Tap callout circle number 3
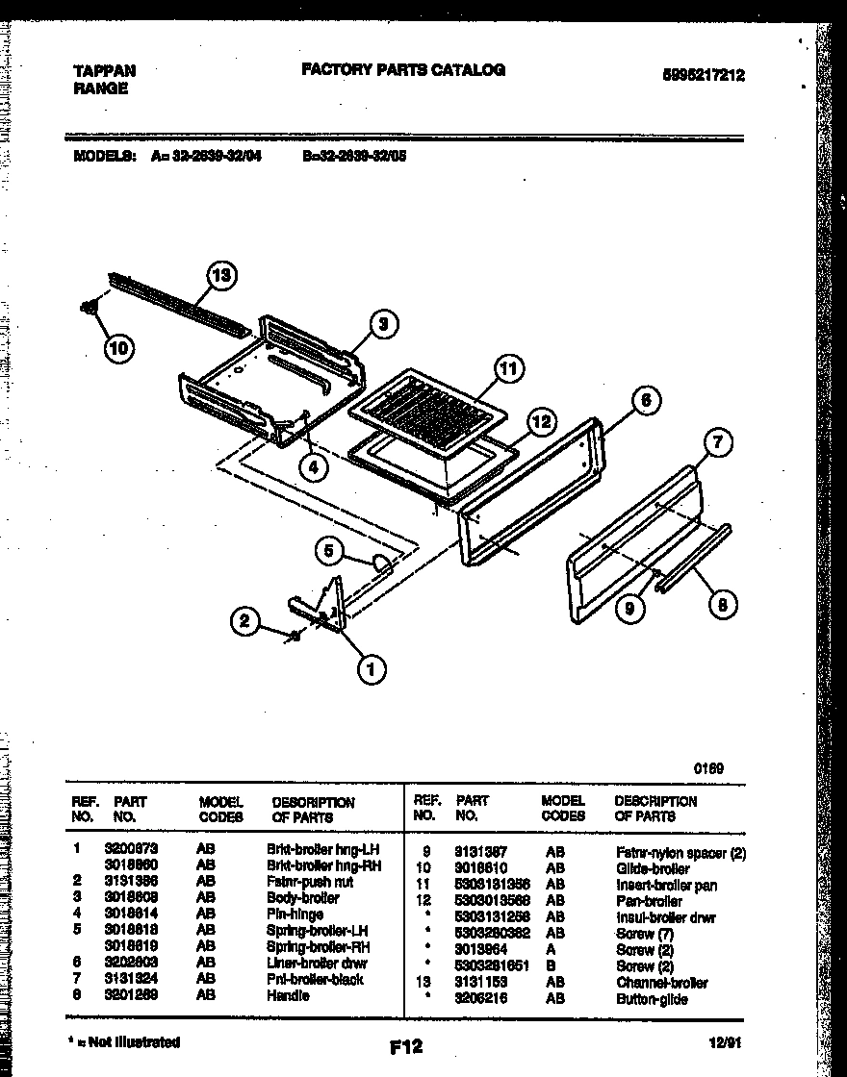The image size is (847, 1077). (382, 324)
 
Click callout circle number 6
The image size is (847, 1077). (646, 399)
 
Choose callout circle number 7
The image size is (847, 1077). (716, 443)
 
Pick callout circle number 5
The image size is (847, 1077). (330, 550)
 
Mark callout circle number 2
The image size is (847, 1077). (246, 622)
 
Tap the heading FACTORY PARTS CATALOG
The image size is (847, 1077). (403, 69)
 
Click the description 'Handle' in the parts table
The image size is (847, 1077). (288, 996)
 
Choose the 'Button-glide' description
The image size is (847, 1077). (652, 999)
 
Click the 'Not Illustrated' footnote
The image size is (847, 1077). (124, 1041)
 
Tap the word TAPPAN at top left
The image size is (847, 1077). (104, 70)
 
